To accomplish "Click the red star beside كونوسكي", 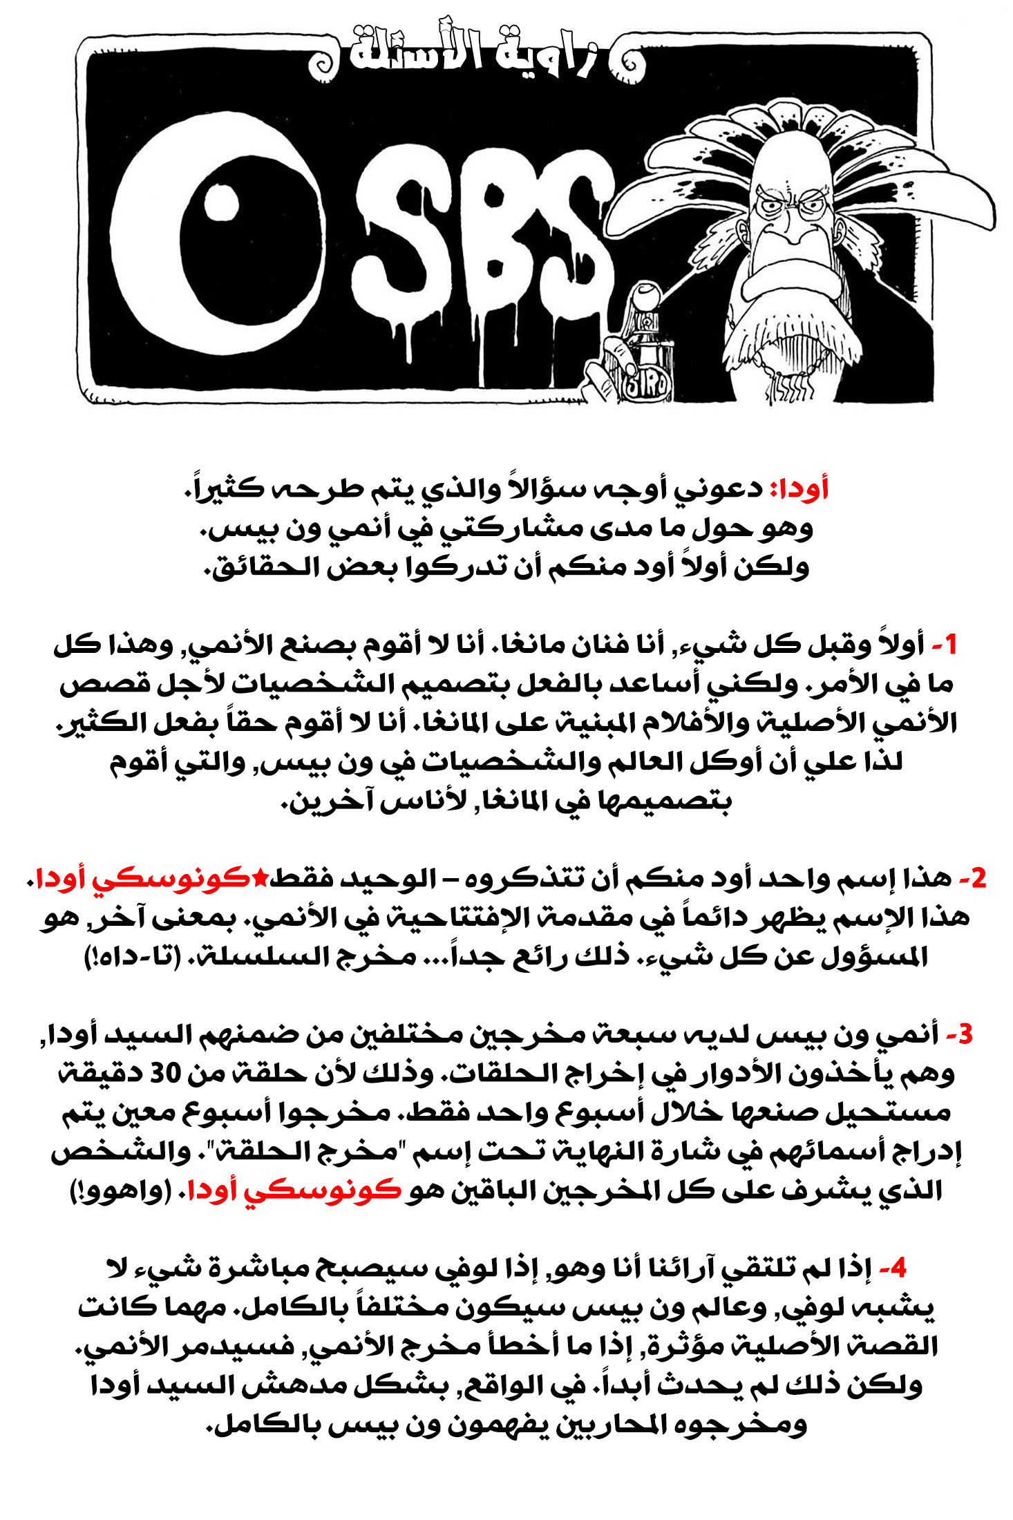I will coord(260,877).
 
